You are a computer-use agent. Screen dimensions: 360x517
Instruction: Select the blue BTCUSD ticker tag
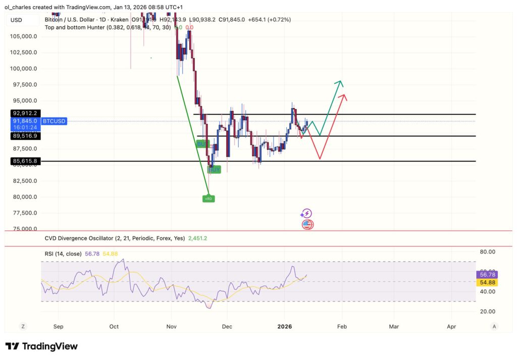(x=54, y=121)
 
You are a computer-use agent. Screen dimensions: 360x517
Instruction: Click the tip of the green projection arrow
(x=341, y=81)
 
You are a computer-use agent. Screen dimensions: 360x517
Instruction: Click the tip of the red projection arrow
(x=344, y=95)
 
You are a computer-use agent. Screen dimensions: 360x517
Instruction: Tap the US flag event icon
(x=307, y=225)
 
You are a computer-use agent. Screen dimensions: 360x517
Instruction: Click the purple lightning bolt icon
(x=306, y=214)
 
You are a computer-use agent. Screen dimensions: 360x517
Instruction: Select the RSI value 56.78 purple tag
(x=487, y=274)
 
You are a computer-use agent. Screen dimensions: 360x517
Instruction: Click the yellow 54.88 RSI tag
(x=487, y=282)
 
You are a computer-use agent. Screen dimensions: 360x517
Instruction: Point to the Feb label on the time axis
(x=342, y=327)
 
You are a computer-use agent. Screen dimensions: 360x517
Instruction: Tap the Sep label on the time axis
(x=58, y=327)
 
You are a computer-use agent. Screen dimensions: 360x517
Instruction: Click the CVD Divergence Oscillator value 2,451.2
(x=197, y=238)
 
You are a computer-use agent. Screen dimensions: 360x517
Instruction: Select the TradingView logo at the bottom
(x=41, y=346)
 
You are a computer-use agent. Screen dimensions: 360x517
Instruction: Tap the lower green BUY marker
(x=215, y=170)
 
